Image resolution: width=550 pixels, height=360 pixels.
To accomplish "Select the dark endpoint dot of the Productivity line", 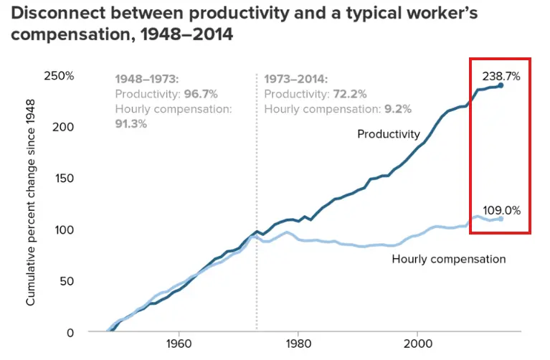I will pos(501,85).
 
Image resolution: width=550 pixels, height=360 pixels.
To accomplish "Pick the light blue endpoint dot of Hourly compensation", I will pos(501,218).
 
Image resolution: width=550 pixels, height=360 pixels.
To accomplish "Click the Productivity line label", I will pos(388,134).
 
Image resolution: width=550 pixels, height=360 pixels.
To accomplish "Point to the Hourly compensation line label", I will pos(449,259).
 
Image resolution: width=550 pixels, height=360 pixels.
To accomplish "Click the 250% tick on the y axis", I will pos(60,75).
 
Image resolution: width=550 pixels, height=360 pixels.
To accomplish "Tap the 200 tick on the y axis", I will pos(65,126).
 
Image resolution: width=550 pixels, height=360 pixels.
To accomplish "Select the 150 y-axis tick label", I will pos(65,178).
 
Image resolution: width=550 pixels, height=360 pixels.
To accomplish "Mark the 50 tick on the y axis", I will pos(67,280).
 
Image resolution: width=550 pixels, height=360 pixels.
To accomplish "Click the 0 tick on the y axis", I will pos(70,332).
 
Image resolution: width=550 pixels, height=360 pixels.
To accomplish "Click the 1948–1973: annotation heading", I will pos(147,78).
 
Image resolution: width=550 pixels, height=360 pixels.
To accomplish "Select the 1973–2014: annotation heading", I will pos(296,78).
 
